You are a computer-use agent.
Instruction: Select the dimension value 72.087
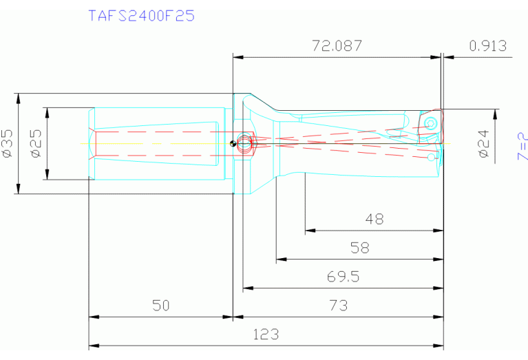point(337,46)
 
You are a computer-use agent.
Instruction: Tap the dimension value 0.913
point(487,46)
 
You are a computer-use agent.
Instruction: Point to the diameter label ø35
point(8,143)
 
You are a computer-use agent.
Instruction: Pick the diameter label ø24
point(484,143)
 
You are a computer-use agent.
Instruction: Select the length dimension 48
point(374,220)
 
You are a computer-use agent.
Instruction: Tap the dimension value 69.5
point(342,277)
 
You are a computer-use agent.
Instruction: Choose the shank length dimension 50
point(160,305)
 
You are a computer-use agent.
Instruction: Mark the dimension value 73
point(338,305)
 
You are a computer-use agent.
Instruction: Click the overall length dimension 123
point(266,334)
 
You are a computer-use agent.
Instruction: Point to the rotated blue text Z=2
point(521,146)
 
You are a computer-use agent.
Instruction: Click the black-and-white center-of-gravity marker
point(233,143)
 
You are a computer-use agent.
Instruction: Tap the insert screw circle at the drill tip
point(431,123)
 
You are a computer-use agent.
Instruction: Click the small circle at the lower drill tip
point(432,158)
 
